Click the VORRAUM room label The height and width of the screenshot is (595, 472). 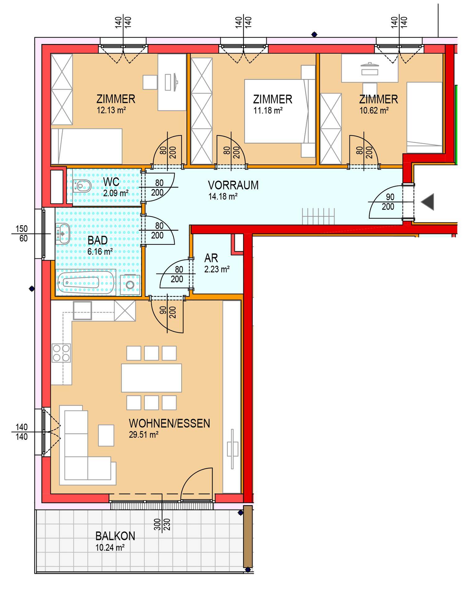(x=233, y=185)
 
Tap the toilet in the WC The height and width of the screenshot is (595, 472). (x=82, y=186)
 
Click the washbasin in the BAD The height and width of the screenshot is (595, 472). (x=62, y=233)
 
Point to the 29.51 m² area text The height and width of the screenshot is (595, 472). (x=144, y=435)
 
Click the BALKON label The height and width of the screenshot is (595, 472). (x=115, y=536)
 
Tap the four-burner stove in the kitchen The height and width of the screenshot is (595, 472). (x=61, y=353)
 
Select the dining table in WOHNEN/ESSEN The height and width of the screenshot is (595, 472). (x=151, y=378)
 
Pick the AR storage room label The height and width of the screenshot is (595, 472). (x=211, y=258)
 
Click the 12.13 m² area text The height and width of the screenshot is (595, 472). (x=111, y=110)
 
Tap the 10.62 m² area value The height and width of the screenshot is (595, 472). (x=374, y=110)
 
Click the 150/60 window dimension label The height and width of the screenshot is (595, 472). (x=22, y=234)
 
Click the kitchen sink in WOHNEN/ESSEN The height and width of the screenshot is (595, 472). (x=82, y=311)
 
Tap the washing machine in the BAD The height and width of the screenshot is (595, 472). (x=130, y=285)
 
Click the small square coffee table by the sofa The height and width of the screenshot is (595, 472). (x=106, y=435)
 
